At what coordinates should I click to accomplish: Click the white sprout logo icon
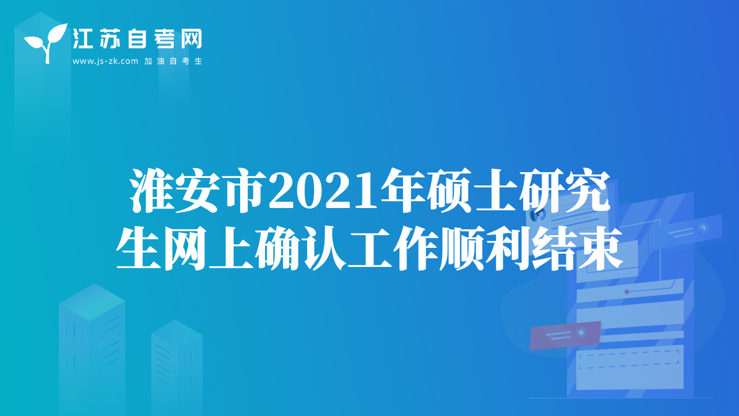(46, 43)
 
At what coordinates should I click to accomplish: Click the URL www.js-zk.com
(105, 61)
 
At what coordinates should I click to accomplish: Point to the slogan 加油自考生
(173, 61)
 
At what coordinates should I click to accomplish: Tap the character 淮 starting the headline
(151, 191)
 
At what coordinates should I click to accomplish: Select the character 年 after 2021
(402, 191)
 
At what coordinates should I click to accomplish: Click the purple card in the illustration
(565, 335)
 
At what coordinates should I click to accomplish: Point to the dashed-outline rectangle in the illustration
(629, 359)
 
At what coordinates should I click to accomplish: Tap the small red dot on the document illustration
(627, 292)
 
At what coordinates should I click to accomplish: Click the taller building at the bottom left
(92, 350)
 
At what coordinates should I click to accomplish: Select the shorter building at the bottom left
(177, 367)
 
